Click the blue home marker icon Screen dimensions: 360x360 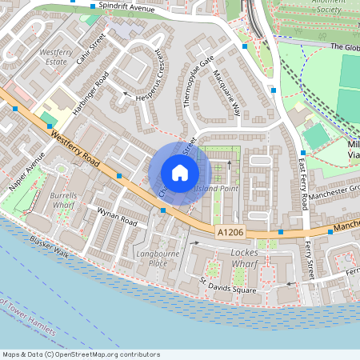[x=180, y=173]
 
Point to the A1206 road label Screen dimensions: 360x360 [x=230, y=230]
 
